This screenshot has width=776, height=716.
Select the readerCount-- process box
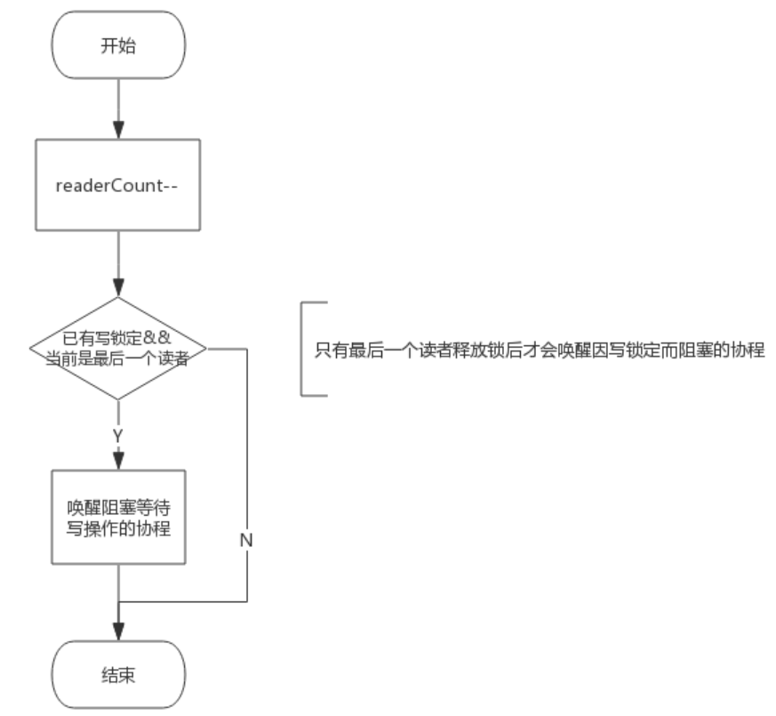coord(118,187)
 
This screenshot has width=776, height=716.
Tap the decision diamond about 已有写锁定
coord(118,348)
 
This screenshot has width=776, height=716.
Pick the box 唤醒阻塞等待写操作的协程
coord(118,516)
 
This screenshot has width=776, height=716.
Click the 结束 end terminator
coord(118,675)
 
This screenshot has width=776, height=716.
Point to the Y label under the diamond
coord(118,436)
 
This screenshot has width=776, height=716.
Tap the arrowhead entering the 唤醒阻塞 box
coord(118,460)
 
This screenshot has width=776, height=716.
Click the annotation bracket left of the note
coord(303,348)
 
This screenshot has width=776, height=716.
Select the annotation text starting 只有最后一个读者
coord(537,349)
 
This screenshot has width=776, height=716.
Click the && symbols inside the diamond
coord(169,337)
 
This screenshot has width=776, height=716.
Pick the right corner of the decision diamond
coord(205,348)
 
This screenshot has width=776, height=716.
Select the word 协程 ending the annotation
coord(751,349)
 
